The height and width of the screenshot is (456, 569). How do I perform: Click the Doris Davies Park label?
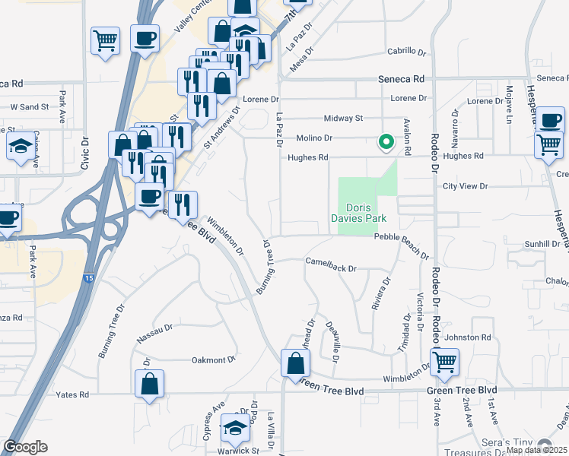tap(367, 212)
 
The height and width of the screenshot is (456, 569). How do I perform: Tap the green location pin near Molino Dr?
tap(386, 141)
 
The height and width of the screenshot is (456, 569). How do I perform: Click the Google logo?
tap(25, 447)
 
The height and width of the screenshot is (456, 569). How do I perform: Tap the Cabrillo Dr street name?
tap(408, 51)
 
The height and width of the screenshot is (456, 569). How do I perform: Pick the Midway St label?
tap(343, 118)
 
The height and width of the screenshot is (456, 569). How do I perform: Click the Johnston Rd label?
tap(469, 337)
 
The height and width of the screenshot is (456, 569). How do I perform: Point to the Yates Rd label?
tap(72, 394)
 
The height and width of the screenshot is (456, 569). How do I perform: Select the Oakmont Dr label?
tap(214, 359)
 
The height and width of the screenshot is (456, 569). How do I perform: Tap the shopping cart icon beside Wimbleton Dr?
tap(444, 363)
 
